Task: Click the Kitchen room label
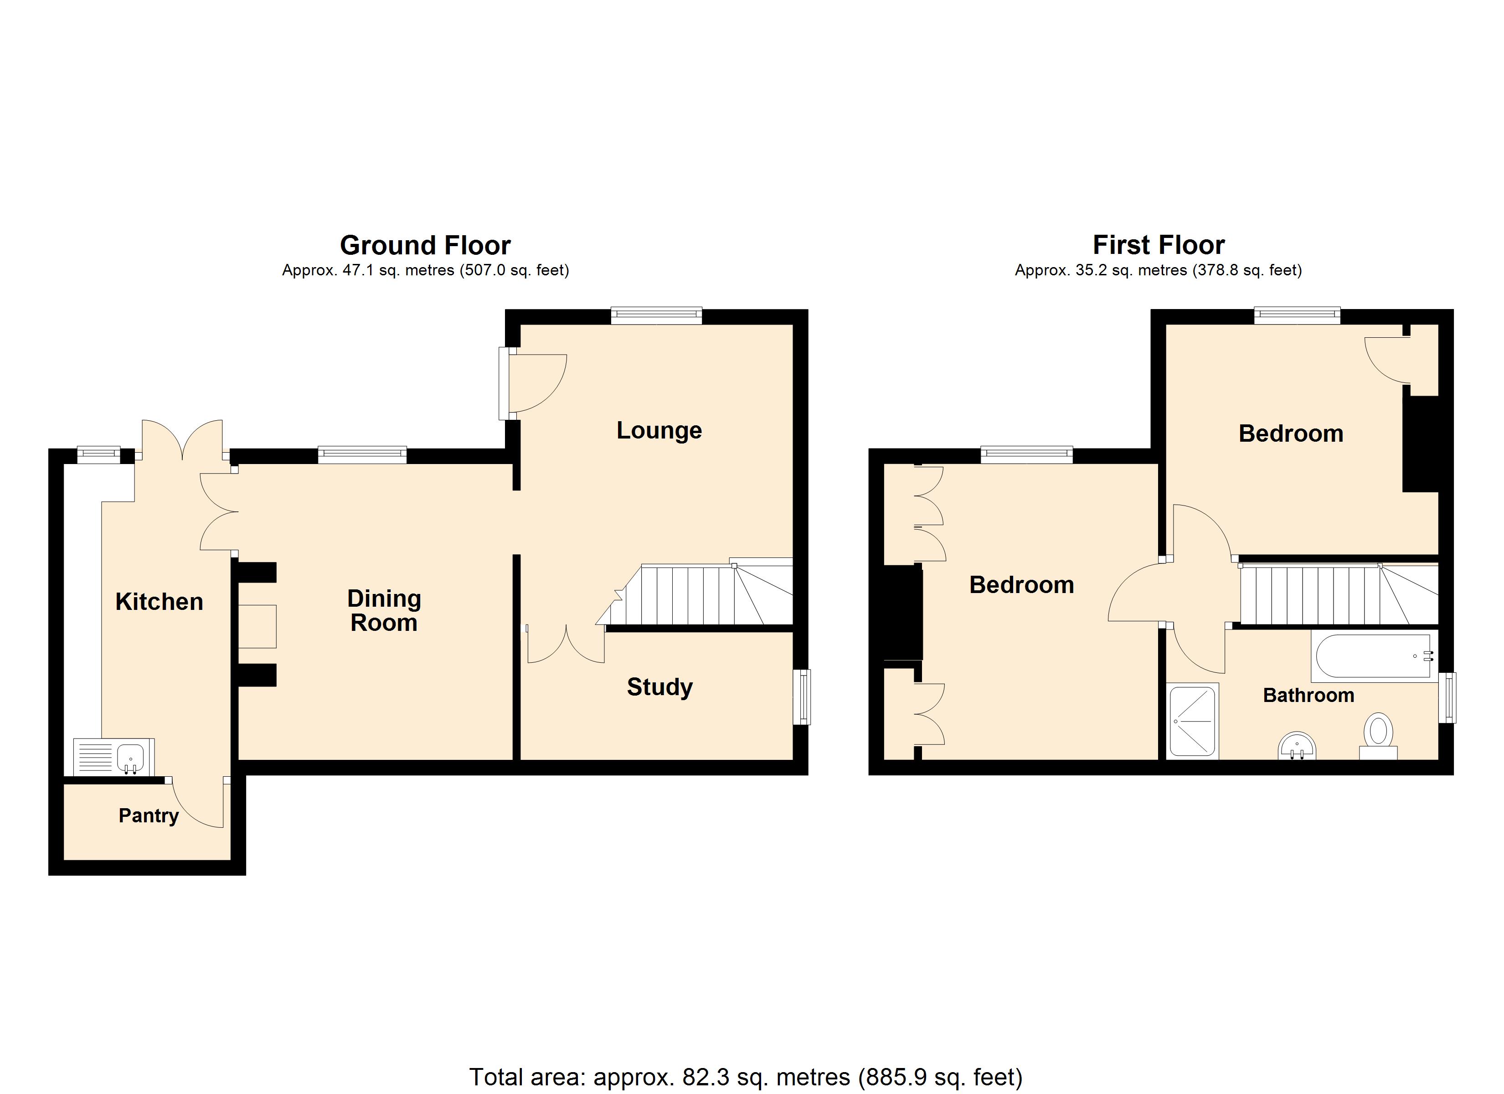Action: click(x=159, y=602)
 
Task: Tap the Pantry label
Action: click(x=149, y=815)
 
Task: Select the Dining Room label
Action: click(x=384, y=610)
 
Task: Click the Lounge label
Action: click(x=659, y=431)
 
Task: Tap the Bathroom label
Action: click(x=1308, y=695)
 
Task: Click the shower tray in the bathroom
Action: click(x=1193, y=721)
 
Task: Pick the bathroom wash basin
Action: click(x=1297, y=746)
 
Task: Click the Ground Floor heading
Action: click(x=425, y=246)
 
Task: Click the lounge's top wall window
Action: click(x=656, y=316)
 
